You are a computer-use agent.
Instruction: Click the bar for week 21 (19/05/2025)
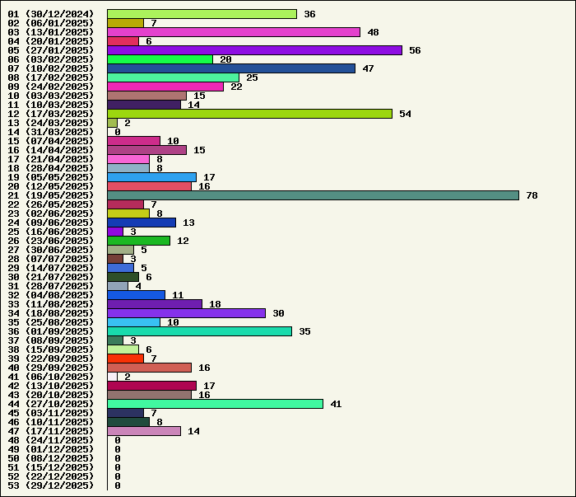pyautogui.click(x=313, y=195)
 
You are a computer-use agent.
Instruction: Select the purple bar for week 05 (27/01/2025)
pyautogui.click(x=254, y=50)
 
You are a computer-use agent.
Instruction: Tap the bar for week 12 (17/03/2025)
pyautogui.click(x=249, y=114)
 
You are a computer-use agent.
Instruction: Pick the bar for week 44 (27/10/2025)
pyautogui.click(x=215, y=404)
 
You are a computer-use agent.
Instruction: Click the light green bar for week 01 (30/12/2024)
pyautogui.click(x=202, y=14)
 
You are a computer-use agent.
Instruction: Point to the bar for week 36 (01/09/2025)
pyautogui.click(x=199, y=331)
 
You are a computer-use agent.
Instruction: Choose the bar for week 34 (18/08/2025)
pyautogui.click(x=186, y=313)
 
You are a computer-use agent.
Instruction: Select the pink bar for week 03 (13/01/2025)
pyautogui.click(x=234, y=32)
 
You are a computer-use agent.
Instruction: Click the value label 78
pyautogui.click(x=532, y=195)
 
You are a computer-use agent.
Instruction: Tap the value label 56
pyautogui.click(x=415, y=50)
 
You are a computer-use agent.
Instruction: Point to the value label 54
pyautogui.click(x=405, y=114)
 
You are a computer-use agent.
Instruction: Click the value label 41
pyautogui.click(x=336, y=404)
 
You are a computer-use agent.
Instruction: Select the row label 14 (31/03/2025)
pyautogui.click(x=51, y=132)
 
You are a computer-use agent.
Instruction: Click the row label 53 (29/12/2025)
pyautogui.click(x=51, y=485)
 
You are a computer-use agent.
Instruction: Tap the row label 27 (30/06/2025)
pyautogui.click(x=51, y=250)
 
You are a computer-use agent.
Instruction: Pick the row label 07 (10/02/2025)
pyautogui.click(x=51, y=68)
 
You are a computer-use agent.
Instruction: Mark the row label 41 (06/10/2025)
pyautogui.click(x=51, y=377)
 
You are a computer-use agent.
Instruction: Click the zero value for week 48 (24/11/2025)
pyautogui.click(x=118, y=440)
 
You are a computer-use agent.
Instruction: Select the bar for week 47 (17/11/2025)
pyautogui.click(x=144, y=431)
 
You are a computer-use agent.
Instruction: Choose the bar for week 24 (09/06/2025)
pyautogui.click(x=142, y=223)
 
